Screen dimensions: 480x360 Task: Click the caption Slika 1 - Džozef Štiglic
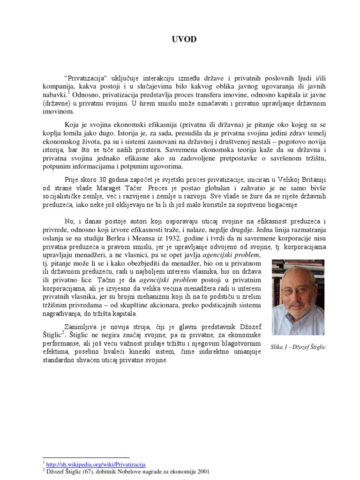click(x=298, y=347)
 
